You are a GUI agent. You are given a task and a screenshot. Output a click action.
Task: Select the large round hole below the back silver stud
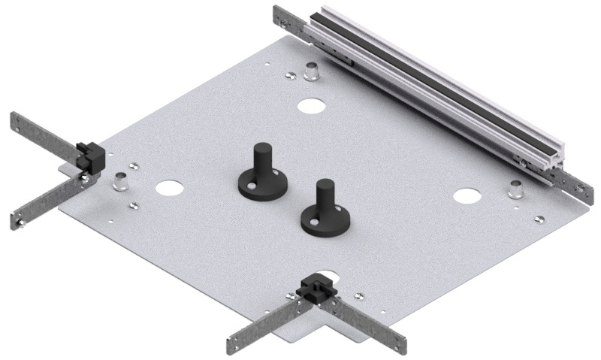click(x=308, y=105)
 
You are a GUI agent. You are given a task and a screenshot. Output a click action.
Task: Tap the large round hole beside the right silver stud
click(x=466, y=196)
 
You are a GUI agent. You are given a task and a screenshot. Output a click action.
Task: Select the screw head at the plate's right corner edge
click(x=538, y=219)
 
